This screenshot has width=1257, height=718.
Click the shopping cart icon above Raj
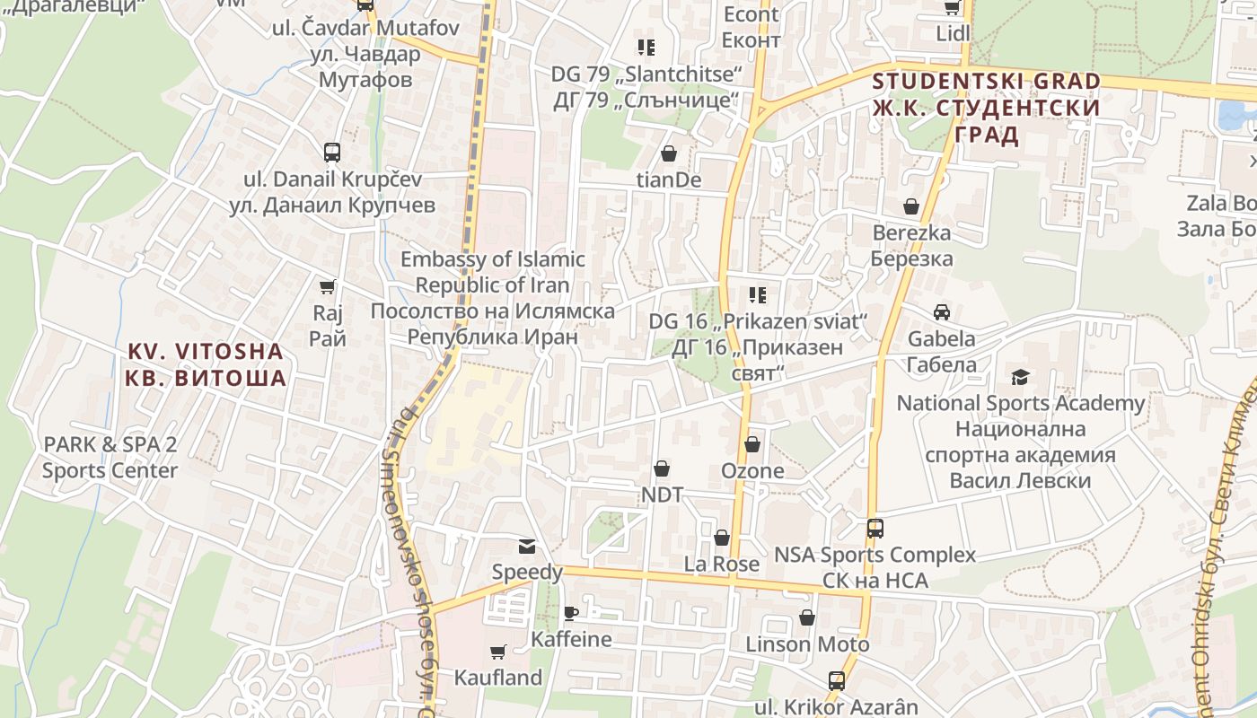pyautogui.click(x=328, y=287)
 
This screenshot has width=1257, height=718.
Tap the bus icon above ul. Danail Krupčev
pyautogui.click(x=332, y=152)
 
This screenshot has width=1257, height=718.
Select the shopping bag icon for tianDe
pyautogui.click(x=668, y=154)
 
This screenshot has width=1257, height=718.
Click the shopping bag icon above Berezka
pyautogui.click(x=911, y=207)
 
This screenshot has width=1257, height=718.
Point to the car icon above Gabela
pyautogui.click(x=941, y=312)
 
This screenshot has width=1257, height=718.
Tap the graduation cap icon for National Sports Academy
pyautogui.click(x=1020, y=377)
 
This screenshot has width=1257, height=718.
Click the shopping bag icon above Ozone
pyautogui.click(x=752, y=444)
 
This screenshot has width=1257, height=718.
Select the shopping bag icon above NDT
pyautogui.click(x=662, y=468)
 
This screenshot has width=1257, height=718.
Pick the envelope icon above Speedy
pyautogui.click(x=526, y=546)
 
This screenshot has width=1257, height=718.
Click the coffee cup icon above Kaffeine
pyautogui.click(x=570, y=614)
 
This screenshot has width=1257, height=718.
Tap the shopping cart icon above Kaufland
pyautogui.click(x=498, y=652)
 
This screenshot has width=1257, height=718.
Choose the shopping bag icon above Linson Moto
pyautogui.click(x=807, y=618)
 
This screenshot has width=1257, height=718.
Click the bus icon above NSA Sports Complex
pyautogui.click(x=875, y=529)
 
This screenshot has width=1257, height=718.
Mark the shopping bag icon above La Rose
pyautogui.click(x=721, y=538)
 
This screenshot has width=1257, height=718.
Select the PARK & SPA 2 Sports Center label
pyautogui.click(x=110, y=457)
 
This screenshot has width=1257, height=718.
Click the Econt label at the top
pyautogui.click(x=751, y=14)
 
